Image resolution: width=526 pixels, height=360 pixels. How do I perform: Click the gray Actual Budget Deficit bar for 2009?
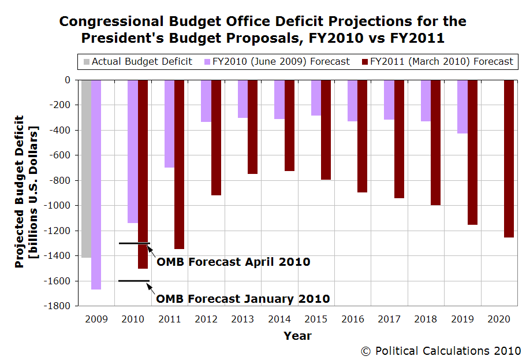pos(86,168)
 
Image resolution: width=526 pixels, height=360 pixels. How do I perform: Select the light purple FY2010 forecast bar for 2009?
pos(96,184)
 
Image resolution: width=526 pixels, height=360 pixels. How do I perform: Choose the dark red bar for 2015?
pos(326,129)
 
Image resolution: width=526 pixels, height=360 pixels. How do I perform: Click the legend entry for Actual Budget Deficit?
pos(137,61)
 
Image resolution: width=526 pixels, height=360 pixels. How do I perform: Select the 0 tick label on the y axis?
pos(67,80)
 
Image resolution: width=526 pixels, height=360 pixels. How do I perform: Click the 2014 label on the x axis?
pos(279,318)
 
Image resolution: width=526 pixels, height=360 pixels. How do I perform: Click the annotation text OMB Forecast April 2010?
pos(233,262)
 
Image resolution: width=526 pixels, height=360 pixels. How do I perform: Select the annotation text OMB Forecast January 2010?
pos(243,299)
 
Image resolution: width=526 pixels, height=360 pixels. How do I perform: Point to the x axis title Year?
pos(297,336)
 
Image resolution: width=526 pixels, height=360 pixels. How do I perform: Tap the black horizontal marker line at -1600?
pos(134,281)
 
